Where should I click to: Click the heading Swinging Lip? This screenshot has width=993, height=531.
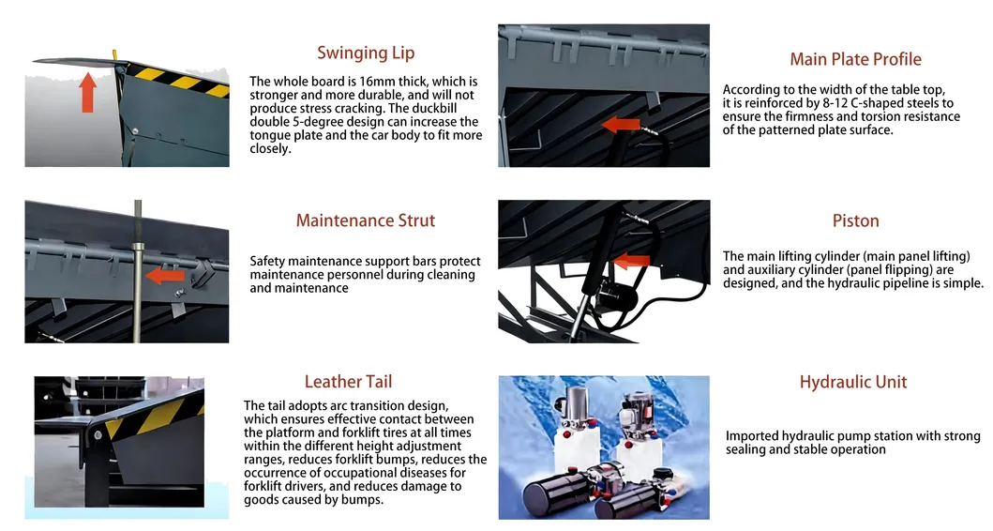pos(366,53)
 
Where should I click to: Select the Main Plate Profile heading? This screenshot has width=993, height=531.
pos(855,59)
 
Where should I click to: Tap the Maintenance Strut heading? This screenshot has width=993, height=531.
pos(366,220)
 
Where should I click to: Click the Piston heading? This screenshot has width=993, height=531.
pos(855,220)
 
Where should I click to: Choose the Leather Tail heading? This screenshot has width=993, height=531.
pos(348,382)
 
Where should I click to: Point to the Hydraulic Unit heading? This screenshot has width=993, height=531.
pos(853,382)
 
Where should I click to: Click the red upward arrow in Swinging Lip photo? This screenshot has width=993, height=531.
pos(88,93)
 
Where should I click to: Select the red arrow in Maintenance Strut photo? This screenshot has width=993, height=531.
pos(165,276)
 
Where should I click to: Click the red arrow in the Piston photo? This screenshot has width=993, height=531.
pos(631,260)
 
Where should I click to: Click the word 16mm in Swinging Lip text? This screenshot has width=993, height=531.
pos(376,82)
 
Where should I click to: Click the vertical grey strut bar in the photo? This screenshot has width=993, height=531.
pos(138,271)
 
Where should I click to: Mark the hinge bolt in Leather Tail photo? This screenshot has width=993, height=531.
pos(98,435)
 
